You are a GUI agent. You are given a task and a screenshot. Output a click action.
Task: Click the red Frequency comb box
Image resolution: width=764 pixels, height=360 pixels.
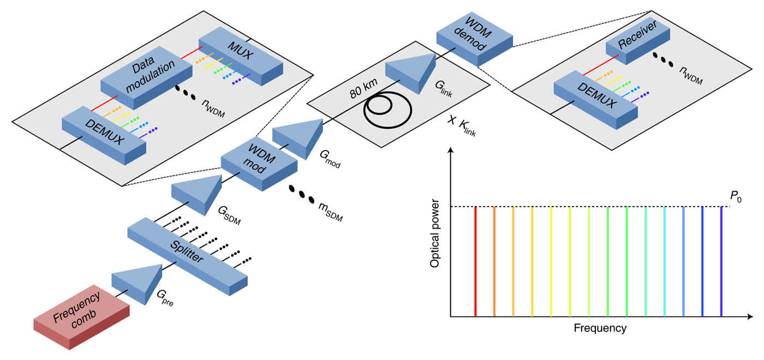click(x=81, y=317)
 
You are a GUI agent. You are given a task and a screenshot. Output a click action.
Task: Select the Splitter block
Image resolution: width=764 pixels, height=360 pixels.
click(x=188, y=256)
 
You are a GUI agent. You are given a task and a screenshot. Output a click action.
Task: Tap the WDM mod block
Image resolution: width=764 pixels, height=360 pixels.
click(x=259, y=163)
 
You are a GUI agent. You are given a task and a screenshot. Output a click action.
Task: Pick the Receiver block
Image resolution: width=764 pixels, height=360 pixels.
click(x=638, y=40)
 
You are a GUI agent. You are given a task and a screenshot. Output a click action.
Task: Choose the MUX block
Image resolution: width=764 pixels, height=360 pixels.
click(x=241, y=56)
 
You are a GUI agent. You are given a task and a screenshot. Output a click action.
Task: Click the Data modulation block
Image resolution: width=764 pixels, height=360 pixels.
click(x=147, y=77)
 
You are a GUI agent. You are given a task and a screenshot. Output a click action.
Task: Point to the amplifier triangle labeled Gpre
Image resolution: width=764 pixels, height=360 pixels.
click(x=137, y=284)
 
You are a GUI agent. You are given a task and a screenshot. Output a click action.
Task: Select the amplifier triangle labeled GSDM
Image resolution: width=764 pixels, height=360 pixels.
click(x=197, y=194)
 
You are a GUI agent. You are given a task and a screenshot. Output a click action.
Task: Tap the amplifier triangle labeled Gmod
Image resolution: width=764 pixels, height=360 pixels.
click(x=298, y=139)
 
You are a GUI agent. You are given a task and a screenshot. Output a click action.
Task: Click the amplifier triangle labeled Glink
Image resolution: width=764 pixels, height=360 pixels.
click(x=411, y=73)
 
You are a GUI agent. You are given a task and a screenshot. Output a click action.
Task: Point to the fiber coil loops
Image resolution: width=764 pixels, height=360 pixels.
click(x=387, y=110)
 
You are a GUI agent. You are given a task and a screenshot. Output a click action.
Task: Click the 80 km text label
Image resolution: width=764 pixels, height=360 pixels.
click(x=363, y=88)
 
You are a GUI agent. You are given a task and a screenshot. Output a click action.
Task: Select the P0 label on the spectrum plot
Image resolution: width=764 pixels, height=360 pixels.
click(x=736, y=196)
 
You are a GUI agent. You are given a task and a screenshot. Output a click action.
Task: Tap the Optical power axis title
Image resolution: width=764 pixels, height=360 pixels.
click(x=434, y=233)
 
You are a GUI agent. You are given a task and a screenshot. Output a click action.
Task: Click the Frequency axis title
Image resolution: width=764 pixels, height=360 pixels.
click(x=600, y=328)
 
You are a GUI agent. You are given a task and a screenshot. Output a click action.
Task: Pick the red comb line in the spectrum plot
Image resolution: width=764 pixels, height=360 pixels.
click(x=475, y=261)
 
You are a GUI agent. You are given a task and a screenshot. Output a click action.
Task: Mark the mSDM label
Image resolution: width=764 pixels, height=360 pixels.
click(x=331, y=212)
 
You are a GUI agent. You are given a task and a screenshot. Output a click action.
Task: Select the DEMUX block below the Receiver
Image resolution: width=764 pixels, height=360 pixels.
click(x=595, y=100)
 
